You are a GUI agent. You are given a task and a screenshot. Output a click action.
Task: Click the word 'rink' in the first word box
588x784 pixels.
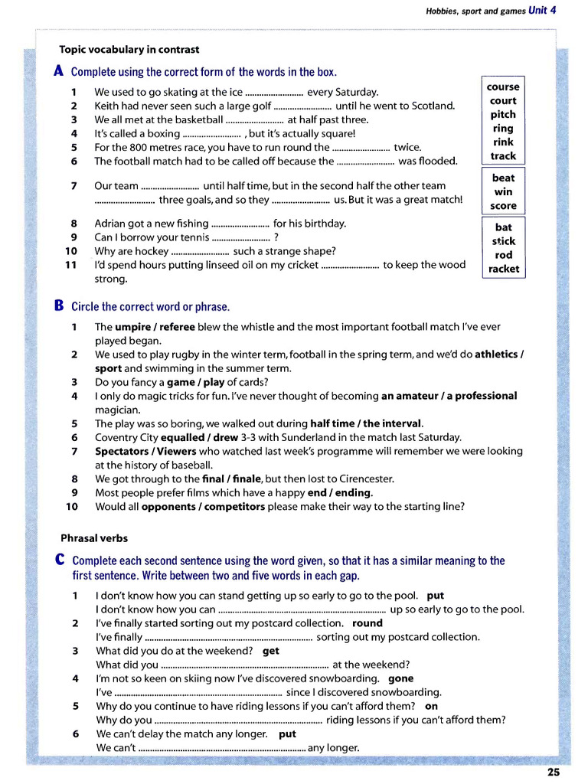pyautogui.click(x=503, y=142)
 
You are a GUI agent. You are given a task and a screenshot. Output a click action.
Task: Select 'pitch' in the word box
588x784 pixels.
pyautogui.click(x=503, y=115)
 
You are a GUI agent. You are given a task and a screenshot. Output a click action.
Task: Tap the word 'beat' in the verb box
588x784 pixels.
pyautogui.click(x=504, y=178)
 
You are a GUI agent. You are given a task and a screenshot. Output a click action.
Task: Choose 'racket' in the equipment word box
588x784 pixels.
pyautogui.click(x=504, y=269)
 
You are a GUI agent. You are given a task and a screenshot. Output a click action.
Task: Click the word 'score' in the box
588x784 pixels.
pyautogui.click(x=504, y=206)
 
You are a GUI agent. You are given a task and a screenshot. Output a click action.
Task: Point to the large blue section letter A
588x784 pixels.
pyautogui.click(x=59, y=71)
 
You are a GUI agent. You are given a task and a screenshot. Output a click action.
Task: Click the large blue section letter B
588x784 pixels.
pyautogui.click(x=59, y=305)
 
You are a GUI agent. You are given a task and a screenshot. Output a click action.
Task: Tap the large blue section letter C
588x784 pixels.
pyautogui.click(x=59, y=560)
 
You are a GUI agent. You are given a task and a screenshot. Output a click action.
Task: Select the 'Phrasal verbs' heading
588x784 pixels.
pyautogui.click(x=94, y=538)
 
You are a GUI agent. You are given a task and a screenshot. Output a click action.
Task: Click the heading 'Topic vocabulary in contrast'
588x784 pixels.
pyautogui.click(x=129, y=50)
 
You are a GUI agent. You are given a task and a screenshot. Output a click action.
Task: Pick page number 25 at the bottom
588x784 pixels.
pyautogui.click(x=554, y=772)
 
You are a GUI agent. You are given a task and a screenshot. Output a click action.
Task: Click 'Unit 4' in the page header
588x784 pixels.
pyautogui.click(x=542, y=10)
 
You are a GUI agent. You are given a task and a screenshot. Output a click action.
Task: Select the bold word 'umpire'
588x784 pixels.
pyautogui.click(x=132, y=327)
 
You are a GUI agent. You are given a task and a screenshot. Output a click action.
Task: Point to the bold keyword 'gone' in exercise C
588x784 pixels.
pyautogui.click(x=401, y=678)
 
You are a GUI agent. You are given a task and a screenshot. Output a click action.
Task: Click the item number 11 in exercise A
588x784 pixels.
pyautogui.click(x=70, y=265)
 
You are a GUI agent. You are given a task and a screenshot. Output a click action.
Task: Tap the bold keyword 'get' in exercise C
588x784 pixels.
pyautogui.click(x=271, y=651)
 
